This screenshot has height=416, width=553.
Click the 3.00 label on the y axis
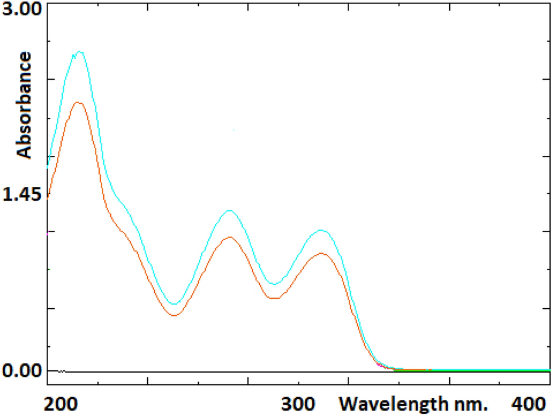click(22, 11)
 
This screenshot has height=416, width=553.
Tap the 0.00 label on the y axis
click(22, 370)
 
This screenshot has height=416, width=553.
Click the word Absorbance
click(24, 105)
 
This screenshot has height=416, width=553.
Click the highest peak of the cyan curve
click(80, 52)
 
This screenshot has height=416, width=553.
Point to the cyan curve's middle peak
click(229, 210)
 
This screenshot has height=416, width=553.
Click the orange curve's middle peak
click(229, 237)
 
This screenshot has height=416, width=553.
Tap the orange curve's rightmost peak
click(321, 253)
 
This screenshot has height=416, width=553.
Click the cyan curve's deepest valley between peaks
click(174, 304)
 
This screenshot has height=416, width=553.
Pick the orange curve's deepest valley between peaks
click(175, 316)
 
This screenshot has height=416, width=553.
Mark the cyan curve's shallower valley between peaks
click(274, 284)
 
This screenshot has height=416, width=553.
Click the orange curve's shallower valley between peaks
click(275, 298)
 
